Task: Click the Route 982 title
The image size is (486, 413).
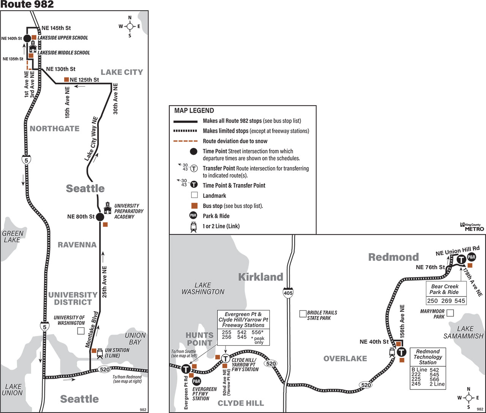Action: click(27, 4)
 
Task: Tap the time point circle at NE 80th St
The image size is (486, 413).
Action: click(100, 217)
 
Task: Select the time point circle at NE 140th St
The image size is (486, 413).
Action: click(27, 38)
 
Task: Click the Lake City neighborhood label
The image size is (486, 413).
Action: click(122, 72)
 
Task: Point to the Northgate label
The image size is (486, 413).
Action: click(55, 129)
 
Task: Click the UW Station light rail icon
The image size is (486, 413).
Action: click(100, 353)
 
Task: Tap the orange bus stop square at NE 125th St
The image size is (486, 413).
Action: click(66, 80)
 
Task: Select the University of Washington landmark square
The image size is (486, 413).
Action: click(81, 331)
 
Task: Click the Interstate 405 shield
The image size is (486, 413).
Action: click(288, 293)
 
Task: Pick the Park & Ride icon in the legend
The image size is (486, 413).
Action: click(193, 216)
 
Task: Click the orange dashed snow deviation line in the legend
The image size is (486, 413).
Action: click(185, 141)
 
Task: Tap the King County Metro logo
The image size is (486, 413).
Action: click(472, 227)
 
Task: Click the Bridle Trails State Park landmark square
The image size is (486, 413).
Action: click(303, 314)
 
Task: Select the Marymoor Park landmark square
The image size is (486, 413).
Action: click(450, 313)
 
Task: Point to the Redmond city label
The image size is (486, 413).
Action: click(394, 257)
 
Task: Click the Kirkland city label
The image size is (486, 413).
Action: click(261, 277)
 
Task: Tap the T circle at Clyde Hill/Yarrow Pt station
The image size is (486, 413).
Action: click(226, 359)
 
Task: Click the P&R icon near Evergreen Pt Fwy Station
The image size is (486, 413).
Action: click(197, 381)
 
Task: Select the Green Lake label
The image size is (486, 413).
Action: click(13, 237)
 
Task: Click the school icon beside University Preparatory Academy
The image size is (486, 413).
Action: click(107, 208)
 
